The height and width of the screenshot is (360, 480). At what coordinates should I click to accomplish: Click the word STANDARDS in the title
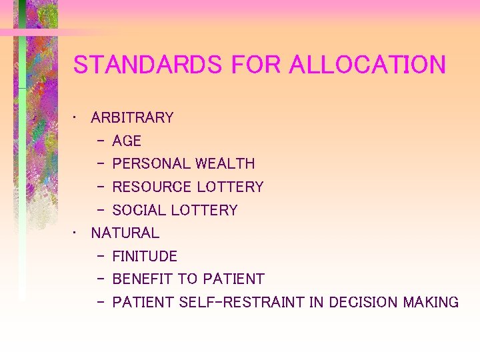[148, 65]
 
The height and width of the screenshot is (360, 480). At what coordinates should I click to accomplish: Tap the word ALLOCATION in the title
[367, 65]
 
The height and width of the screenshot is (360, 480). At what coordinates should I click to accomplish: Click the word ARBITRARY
[132, 118]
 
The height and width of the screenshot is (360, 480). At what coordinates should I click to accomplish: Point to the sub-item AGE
[127, 141]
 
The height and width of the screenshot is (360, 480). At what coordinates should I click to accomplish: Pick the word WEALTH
[225, 164]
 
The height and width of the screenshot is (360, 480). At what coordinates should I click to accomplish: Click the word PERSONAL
[151, 164]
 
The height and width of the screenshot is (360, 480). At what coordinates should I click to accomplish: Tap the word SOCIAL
[139, 211]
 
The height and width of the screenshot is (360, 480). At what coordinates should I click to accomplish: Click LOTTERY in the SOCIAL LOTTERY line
[204, 211]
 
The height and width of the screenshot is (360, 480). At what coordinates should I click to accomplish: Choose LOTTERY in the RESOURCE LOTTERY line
[230, 187]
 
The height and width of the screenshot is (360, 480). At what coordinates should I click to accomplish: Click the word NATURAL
[125, 233]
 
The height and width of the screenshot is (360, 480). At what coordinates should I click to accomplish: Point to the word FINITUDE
[145, 257]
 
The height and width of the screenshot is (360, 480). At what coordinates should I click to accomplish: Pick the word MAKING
[431, 303]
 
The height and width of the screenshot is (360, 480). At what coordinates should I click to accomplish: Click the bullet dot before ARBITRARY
[77, 118]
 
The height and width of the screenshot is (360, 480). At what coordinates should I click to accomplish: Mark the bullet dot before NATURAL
[77, 233]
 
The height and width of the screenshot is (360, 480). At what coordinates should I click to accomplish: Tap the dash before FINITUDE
[100, 257]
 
